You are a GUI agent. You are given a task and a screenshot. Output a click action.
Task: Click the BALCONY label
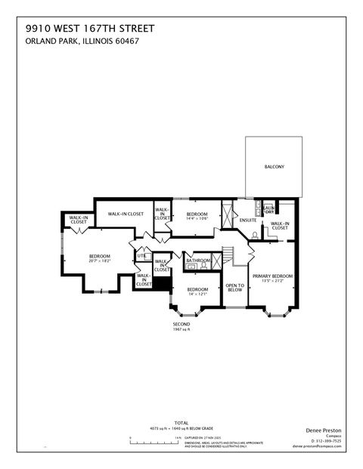tap(274, 166)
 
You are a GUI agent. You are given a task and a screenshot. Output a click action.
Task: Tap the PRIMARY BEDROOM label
tap(272, 276)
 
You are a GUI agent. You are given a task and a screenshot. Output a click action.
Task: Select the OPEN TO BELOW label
tap(234, 287)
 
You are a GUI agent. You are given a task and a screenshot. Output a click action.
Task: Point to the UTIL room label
tap(141, 256)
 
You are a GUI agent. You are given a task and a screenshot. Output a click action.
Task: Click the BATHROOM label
tap(198, 261)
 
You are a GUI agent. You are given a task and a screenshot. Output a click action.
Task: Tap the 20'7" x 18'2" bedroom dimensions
tap(100, 261)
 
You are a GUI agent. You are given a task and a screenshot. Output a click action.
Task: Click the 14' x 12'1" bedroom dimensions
tap(198, 294)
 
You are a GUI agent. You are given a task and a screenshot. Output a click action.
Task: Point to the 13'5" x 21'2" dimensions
tap(272, 281)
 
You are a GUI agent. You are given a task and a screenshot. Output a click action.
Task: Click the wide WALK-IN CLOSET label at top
tap(126, 214)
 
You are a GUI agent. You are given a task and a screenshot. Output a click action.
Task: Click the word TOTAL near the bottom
tap(181, 422)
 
